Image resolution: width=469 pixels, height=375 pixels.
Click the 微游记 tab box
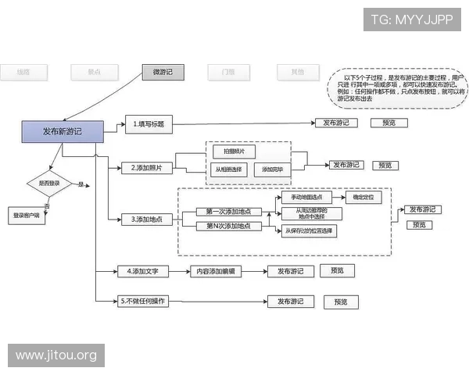[163, 73]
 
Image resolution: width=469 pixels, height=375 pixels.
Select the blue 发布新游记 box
[62, 132]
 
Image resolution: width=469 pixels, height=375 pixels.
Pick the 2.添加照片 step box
[147, 168]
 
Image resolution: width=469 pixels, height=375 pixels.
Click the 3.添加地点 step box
[148, 220]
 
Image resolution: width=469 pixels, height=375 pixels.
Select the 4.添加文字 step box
[142, 272]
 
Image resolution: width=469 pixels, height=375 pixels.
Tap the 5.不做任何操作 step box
[144, 301]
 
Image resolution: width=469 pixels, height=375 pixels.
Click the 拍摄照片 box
[234, 151]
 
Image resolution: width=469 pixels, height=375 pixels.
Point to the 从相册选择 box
[228, 170]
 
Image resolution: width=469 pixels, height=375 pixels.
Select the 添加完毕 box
[272, 170]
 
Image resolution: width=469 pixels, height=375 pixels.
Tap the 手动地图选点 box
[306, 198]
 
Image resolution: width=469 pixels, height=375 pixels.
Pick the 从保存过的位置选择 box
[310, 231]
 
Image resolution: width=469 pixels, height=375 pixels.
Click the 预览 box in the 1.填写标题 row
[388, 123]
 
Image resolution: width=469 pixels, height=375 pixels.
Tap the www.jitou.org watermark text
[56, 356]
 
